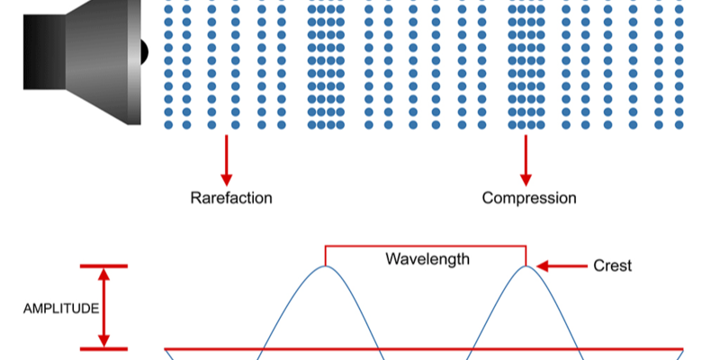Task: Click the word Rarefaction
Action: click(230, 197)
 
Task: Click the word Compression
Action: click(529, 197)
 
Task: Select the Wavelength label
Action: click(427, 259)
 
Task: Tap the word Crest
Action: click(612, 265)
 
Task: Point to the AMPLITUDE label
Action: click(61, 308)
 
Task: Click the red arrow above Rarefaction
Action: click(226, 158)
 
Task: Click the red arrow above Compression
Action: click(526, 158)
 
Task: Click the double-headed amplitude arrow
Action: click(103, 307)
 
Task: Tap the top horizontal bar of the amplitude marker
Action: click(103, 266)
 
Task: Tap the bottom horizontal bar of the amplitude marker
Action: click(103, 348)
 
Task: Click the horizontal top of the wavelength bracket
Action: click(426, 246)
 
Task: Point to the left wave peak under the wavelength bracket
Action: click(326, 268)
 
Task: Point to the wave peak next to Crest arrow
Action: click(526, 268)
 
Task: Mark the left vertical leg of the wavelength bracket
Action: click(326, 256)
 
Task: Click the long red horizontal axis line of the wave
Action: click(423, 348)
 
